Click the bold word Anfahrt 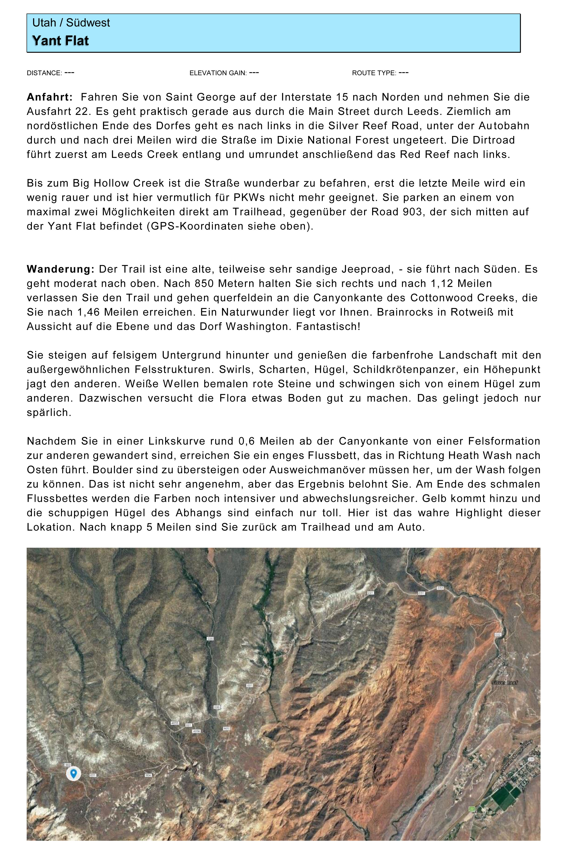point(50,97)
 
